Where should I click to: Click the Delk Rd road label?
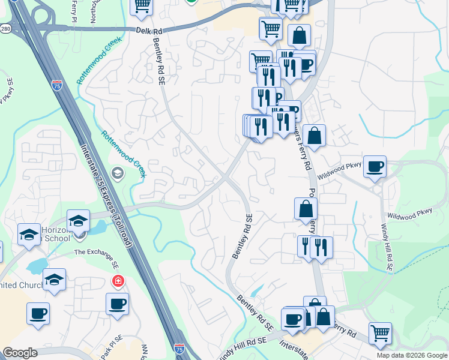click(x=145, y=29)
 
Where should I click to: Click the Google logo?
click(x=20, y=353)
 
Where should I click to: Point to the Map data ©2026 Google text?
click(x=412, y=355)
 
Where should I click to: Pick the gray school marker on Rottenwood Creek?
click(x=118, y=174)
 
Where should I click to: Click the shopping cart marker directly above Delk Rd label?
click(x=142, y=5)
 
